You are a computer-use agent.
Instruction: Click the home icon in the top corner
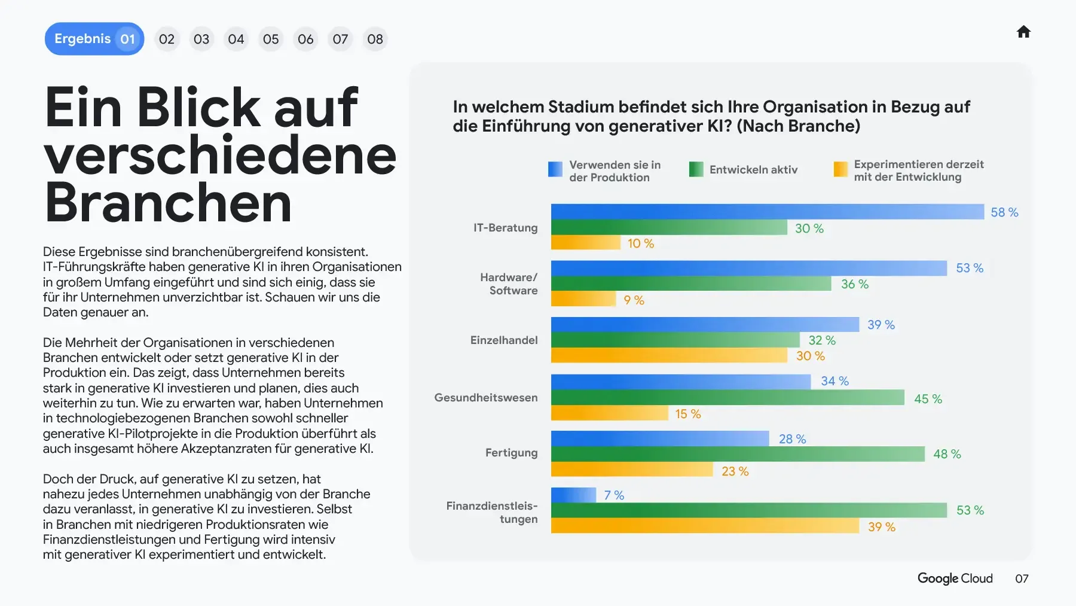(1023, 32)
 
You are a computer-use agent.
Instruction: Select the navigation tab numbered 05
(271, 39)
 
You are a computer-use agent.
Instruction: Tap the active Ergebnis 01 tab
(94, 39)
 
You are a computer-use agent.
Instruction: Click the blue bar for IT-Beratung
(767, 212)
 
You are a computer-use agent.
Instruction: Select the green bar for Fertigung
(738, 454)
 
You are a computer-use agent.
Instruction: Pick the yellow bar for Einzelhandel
(669, 355)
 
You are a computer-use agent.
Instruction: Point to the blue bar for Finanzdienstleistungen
(573, 495)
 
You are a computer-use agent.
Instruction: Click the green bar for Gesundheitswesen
(727, 397)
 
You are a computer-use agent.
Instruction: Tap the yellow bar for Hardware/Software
(583, 299)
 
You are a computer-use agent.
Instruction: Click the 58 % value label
(1004, 212)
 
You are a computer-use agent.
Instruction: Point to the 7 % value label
(614, 495)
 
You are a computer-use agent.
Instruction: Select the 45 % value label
(928, 399)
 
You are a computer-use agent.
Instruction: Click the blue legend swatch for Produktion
(555, 169)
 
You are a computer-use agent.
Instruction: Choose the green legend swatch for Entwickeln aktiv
(696, 169)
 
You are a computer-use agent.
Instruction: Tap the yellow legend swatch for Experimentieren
(840, 169)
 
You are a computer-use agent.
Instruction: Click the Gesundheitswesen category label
(486, 398)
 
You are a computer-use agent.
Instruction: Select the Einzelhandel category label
(504, 340)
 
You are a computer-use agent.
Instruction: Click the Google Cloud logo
(955, 578)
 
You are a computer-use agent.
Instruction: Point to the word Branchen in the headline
(169, 203)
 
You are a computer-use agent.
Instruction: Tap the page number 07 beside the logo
(1022, 578)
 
